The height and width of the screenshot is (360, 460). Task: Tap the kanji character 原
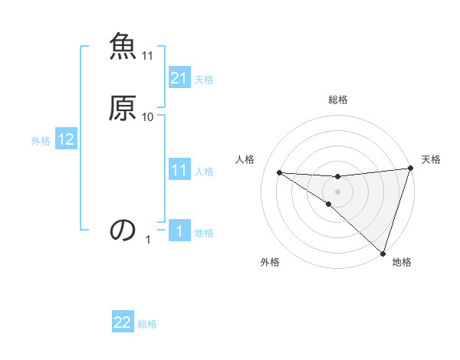point(122,107)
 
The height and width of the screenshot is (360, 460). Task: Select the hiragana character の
point(122,229)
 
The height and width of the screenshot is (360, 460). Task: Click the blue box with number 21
point(179,78)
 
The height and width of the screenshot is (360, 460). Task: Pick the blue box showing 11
point(179,170)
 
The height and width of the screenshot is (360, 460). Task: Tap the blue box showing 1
point(179,232)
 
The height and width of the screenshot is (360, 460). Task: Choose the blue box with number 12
point(66,139)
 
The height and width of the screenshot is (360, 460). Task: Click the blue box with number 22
point(123,322)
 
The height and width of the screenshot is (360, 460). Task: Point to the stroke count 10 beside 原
point(148,116)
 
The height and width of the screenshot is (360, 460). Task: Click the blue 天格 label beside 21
point(204,80)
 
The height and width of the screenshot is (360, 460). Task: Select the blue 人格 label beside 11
point(204,172)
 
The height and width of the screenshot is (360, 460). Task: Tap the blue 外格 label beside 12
point(41,141)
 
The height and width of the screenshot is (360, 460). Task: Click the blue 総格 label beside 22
point(148,324)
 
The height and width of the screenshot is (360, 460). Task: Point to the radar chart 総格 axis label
point(338,100)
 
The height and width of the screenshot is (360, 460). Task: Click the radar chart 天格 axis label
point(431,159)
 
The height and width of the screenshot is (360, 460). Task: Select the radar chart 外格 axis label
point(270,262)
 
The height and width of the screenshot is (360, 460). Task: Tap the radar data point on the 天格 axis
point(410,169)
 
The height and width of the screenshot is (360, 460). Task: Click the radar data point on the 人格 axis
point(279,172)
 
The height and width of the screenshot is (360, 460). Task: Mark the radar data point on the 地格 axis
point(383,252)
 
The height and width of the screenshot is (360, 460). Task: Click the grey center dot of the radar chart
point(338,191)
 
